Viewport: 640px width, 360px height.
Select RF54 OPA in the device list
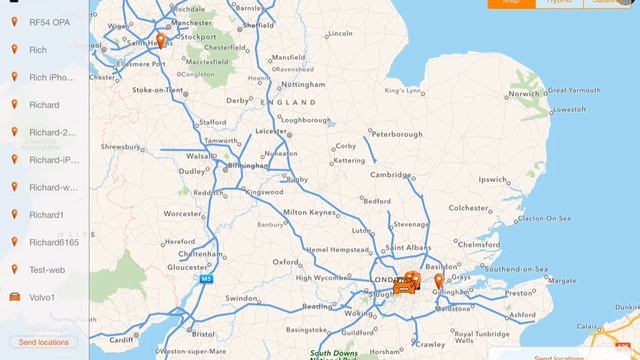(48, 22)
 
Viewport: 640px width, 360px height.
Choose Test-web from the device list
(47, 270)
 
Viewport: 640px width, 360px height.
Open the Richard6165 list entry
(52, 242)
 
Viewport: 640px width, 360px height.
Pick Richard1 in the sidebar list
(46, 215)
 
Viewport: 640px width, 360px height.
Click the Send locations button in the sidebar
(44, 342)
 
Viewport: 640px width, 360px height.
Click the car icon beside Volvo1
(14, 297)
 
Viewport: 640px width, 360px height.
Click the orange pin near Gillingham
(438, 281)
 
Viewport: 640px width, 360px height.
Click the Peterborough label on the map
(398, 133)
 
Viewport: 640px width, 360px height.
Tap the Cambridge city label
(391, 174)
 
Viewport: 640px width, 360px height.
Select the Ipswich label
(494, 180)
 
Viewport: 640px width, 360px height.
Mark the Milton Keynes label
(309, 213)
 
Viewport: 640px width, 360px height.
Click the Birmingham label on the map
(249, 166)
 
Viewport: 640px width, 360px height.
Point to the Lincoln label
(340, 33)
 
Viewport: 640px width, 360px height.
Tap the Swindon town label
(242, 298)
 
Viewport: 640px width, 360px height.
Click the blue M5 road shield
(206, 279)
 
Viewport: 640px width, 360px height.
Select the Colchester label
(468, 208)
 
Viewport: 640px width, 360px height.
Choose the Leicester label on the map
(273, 131)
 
